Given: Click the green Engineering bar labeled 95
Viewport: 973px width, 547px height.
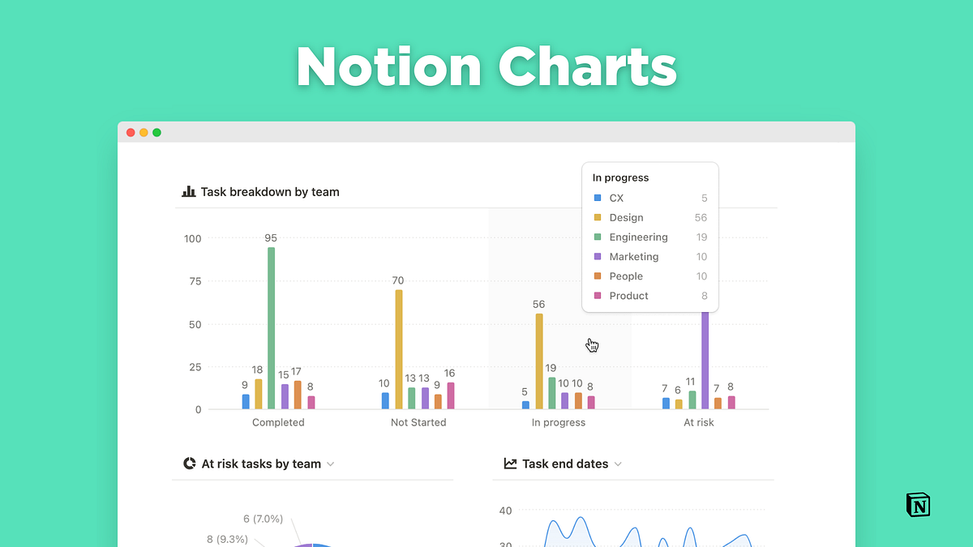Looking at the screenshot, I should (271, 328).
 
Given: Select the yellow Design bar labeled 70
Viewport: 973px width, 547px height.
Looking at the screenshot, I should (399, 349).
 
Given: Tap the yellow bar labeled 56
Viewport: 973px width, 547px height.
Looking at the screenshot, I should (539, 361).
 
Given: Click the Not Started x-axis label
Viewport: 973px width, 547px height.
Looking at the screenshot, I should (418, 422).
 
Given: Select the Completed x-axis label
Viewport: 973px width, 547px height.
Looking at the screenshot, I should (278, 422).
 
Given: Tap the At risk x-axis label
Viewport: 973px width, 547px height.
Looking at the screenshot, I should (699, 422).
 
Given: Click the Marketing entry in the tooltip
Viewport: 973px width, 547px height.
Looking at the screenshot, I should (634, 257).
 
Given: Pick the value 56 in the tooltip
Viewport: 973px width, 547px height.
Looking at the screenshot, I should (701, 218).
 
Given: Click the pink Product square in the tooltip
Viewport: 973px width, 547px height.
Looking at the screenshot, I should (598, 296).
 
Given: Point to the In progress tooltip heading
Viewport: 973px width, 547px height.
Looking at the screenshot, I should (620, 178).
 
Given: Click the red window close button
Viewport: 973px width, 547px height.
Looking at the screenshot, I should (131, 132).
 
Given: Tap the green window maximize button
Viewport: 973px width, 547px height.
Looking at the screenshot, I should (156, 132).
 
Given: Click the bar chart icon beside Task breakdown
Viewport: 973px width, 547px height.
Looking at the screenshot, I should (189, 192).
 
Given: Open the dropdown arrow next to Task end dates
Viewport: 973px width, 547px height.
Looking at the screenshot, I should (618, 464).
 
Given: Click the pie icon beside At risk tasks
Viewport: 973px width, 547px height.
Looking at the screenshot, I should (190, 464).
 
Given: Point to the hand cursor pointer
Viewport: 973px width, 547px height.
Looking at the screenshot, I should (592, 345).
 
